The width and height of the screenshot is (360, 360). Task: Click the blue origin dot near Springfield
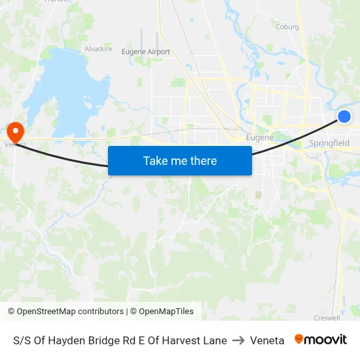point(344,117)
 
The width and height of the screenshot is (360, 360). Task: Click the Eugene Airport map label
point(145,52)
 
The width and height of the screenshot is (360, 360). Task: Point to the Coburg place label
point(287,27)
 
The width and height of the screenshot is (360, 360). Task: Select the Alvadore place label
point(98,48)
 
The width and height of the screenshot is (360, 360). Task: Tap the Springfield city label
point(329,143)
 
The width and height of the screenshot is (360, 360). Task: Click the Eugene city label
point(259,137)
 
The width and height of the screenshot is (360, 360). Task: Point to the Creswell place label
point(327,318)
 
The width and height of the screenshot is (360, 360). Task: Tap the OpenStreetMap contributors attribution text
point(65,312)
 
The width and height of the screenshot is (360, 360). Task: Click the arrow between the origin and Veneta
point(238,340)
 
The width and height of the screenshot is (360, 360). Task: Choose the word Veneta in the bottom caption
point(267,340)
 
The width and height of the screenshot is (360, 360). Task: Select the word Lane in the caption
point(215,340)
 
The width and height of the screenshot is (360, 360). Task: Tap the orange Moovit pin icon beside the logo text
point(299,339)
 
